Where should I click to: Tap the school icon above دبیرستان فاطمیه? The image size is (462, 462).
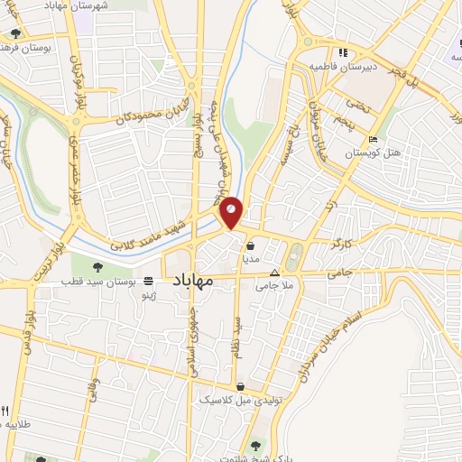342,51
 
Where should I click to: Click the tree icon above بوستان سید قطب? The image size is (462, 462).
100,265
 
